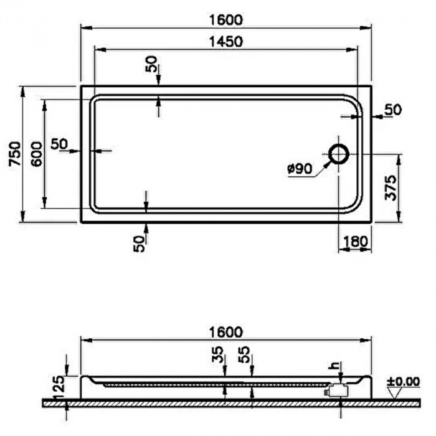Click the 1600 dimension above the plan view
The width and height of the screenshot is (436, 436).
[225, 19]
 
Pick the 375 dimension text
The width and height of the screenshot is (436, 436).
[390, 186]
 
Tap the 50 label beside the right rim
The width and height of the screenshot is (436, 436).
[393, 110]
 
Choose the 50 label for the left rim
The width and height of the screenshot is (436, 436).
[59, 144]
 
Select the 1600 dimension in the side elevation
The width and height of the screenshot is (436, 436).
[225, 332]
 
